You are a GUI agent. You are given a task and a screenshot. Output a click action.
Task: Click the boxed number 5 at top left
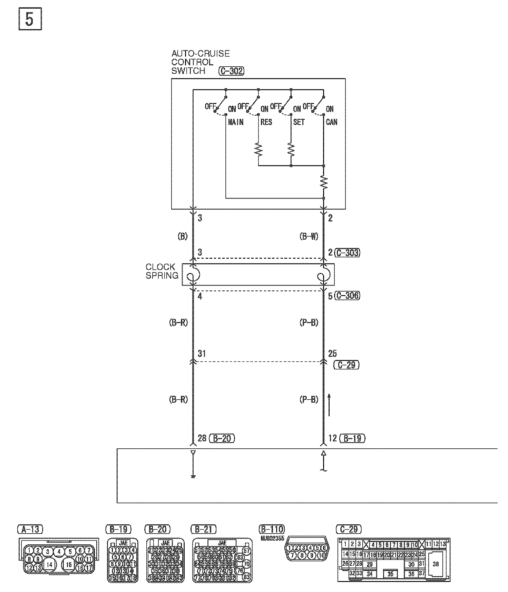[x=30, y=20]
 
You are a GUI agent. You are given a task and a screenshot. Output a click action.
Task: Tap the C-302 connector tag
[x=231, y=71]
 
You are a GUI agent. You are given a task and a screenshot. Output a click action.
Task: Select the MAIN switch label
[x=236, y=122]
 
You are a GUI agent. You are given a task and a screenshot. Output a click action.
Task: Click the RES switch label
[x=266, y=122]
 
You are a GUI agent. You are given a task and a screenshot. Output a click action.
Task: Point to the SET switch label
[x=299, y=122]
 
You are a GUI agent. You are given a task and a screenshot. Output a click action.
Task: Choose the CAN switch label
[x=331, y=122]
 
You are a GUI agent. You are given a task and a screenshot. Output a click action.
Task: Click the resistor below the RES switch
[x=258, y=150]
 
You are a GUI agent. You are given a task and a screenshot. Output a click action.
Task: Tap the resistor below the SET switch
[x=291, y=150]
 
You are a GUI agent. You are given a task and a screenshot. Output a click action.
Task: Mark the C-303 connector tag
[x=347, y=253]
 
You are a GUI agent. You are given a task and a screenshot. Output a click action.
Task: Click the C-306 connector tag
[x=347, y=296]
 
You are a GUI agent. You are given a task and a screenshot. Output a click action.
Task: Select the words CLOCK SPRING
[x=162, y=271]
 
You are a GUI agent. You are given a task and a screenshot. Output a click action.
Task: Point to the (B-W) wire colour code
[x=309, y=237]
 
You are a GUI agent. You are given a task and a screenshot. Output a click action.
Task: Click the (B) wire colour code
[x=182, y=237]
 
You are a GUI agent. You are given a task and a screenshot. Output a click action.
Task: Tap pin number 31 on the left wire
[x=202, y=353]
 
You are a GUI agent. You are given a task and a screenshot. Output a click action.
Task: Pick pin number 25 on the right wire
[x=332, y=353]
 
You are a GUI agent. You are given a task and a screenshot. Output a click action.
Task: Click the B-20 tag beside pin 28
[x=222, y=438]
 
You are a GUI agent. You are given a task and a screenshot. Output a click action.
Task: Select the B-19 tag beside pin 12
[x=352, y=438]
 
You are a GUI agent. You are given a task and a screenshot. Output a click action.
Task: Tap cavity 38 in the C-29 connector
[x=436, y=564]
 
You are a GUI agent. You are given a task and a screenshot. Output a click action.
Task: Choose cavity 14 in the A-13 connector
[x=50, y=564]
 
